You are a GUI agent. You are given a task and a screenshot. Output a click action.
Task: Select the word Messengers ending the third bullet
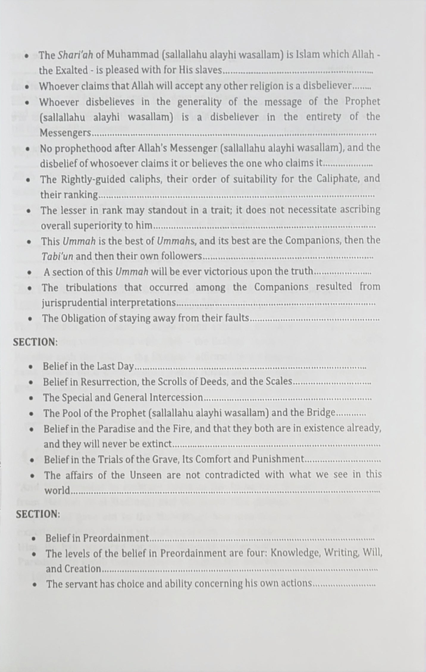(x=65, y=133)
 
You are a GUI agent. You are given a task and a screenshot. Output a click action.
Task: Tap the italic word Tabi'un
(x=57, y=256)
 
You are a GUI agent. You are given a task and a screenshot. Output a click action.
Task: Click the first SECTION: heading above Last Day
(x=35, y=342)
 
